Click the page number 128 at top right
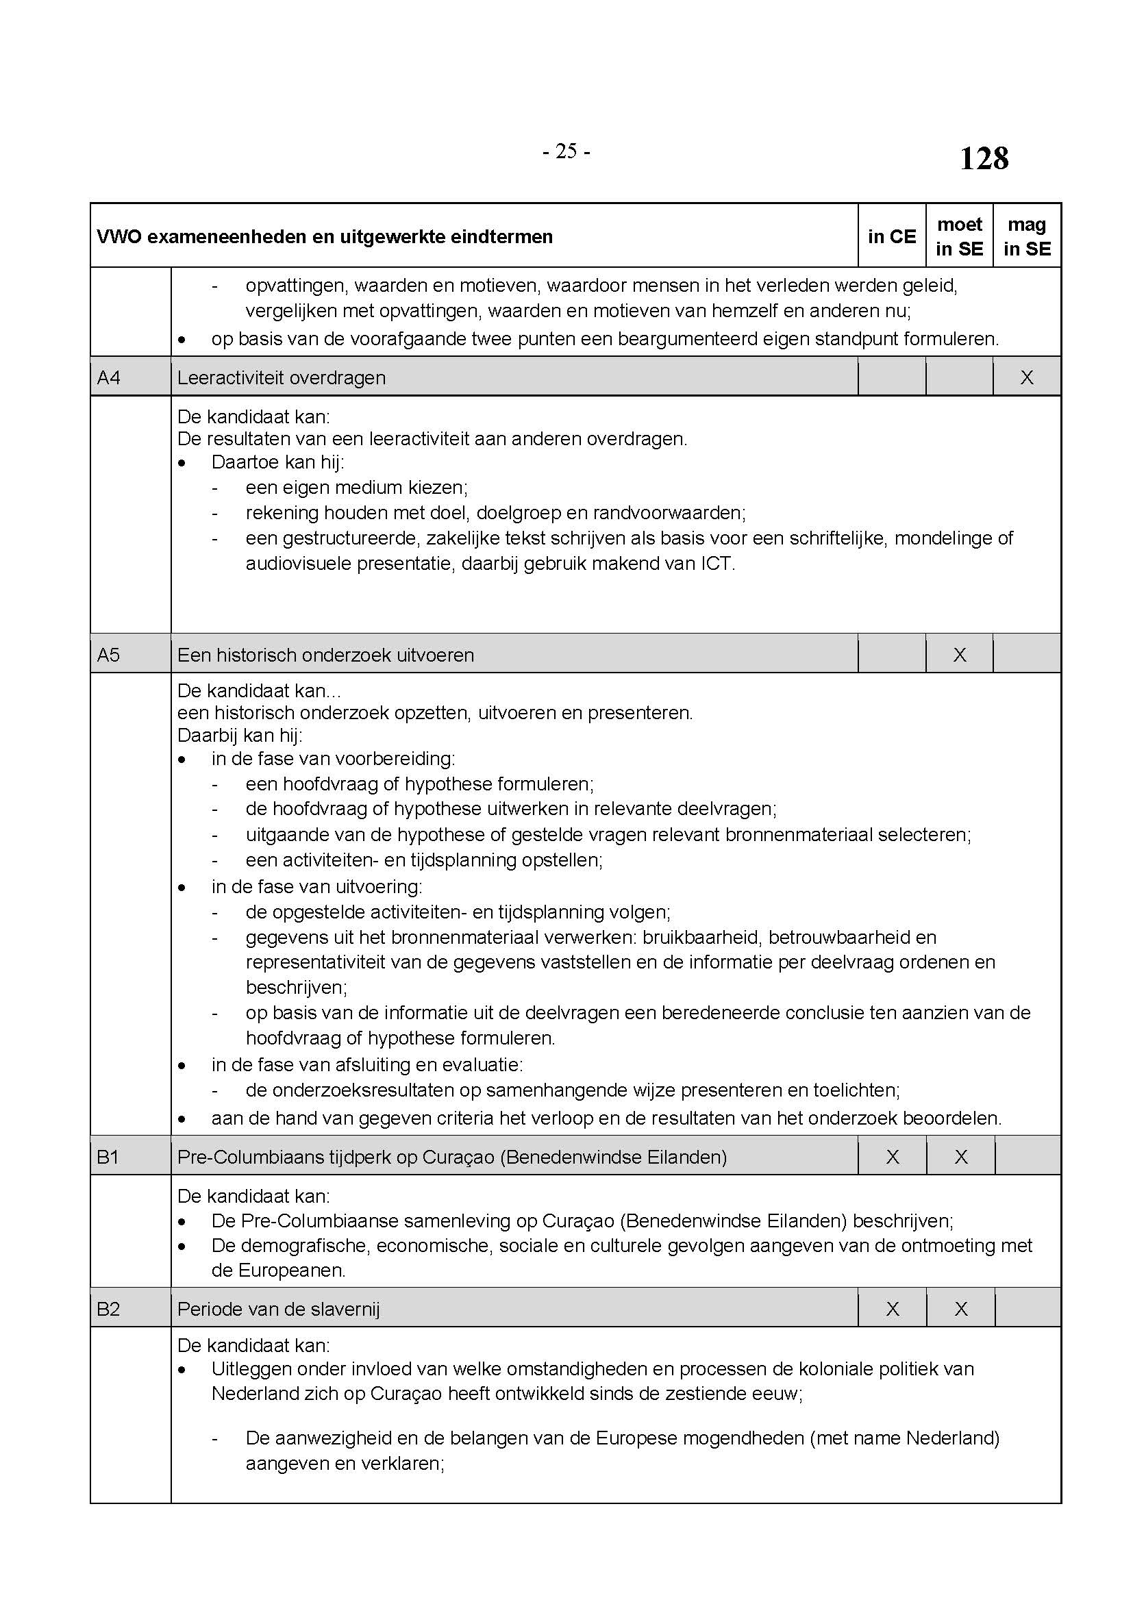984,158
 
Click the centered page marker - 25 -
566,151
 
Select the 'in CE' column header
892,236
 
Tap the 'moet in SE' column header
959,236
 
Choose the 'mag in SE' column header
1027,236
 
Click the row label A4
109,377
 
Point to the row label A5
109,655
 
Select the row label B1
108,1157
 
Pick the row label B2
108,1309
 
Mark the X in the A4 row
1027,377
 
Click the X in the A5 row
960,655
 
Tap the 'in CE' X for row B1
893,1157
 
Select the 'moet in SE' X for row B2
960,1309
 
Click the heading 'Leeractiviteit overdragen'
281,377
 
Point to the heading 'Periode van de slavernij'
278,1309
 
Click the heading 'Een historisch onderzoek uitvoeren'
326,655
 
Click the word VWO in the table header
119,237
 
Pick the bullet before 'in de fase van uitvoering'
182,888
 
